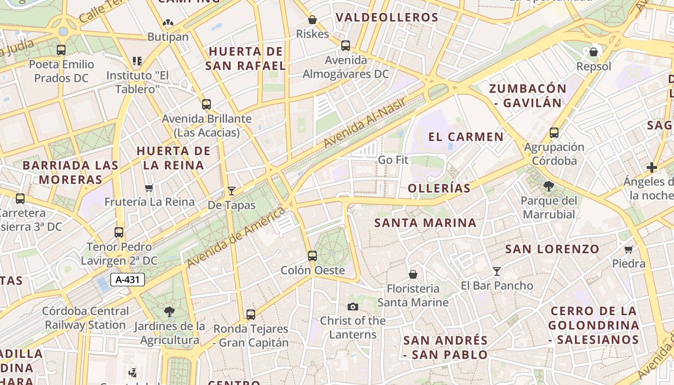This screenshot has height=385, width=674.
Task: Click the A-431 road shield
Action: tap(128, 280)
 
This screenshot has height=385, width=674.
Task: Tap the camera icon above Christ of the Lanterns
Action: tap(353, 307)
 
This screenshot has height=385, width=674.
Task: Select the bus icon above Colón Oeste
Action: tap(312, 256)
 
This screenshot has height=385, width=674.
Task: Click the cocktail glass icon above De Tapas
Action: tap(232, 191)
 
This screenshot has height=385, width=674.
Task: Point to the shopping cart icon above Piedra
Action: tap(628, 249)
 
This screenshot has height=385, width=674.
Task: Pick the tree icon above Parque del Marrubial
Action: tap(548, 186)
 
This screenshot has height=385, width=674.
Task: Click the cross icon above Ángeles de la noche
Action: tap(652, 167)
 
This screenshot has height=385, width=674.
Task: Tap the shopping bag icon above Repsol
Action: tap(594, 52)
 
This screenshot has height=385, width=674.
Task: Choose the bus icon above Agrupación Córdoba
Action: tap(554, 133)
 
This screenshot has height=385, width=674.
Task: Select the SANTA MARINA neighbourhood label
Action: tap(426, 223)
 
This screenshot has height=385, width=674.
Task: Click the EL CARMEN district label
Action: tap(466, 137)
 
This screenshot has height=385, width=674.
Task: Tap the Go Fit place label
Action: tap(393, 160)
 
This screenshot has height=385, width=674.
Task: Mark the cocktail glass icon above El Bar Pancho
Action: tap(497, 271)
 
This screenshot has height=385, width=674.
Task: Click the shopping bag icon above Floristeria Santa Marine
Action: tap(413, 274)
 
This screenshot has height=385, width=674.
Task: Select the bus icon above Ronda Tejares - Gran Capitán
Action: tap(251, 315)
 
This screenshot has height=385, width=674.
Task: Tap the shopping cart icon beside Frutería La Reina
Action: tap(149, 188)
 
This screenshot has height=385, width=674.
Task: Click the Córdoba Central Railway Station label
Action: tap(85, 318)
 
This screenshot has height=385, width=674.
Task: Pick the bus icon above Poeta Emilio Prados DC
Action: tap(61, 50)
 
